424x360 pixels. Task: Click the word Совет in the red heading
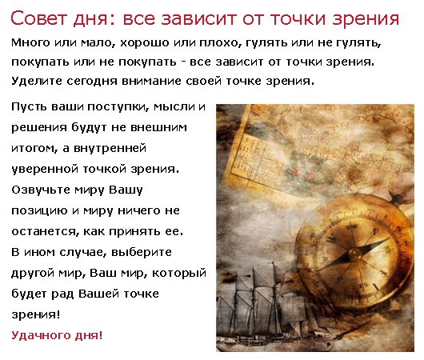(x=38, y=18)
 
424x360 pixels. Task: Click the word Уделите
(x=37, y=81)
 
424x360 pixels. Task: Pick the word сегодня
(x=92, y=81)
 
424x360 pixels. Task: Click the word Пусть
(x=29, y=107)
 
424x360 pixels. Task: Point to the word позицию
(x=39, y=211)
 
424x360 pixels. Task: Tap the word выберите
(x=142, y=252)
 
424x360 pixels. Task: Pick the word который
(x=178, y=273)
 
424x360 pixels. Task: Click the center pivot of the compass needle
(x=354, y=254)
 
